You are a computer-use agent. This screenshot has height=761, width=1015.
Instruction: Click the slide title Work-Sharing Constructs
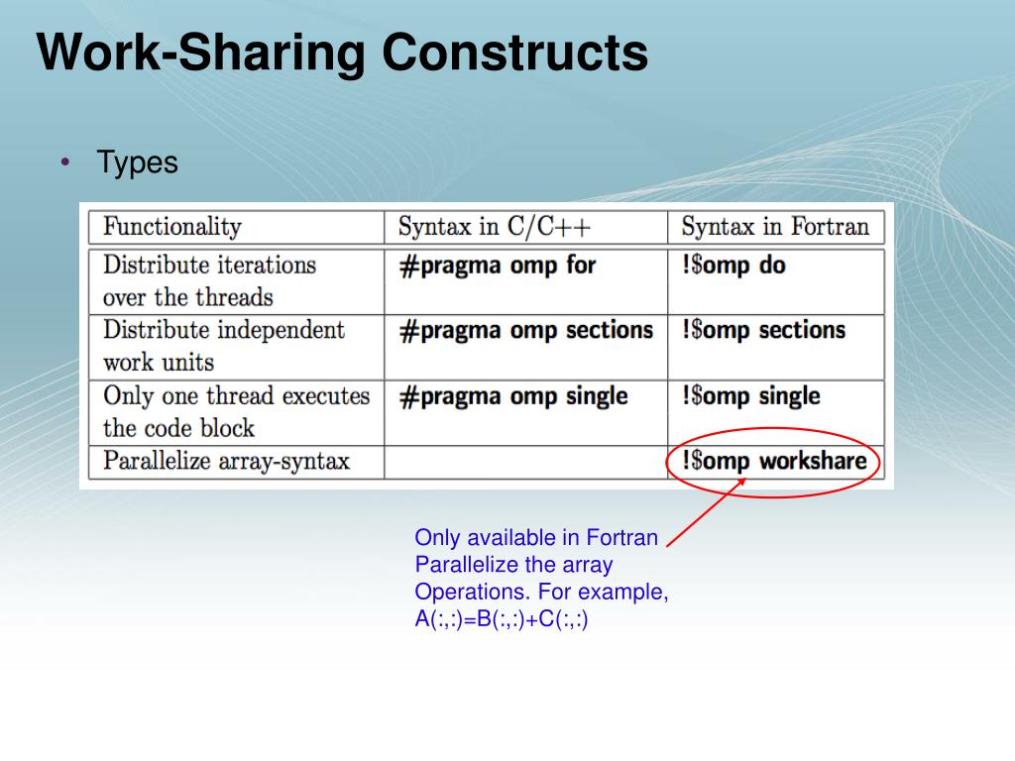tap(343, 54)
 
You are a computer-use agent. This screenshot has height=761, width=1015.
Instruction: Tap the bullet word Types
tap(138, 163)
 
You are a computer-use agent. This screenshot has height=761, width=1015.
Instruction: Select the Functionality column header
tap(172, 227)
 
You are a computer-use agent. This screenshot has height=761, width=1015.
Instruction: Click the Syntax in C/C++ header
tap(495, 227)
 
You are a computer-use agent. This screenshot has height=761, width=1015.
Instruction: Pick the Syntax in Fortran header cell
tap(775, 227)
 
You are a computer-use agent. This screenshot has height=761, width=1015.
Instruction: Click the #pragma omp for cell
tap(498, 267)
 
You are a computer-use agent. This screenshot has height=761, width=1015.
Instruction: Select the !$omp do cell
tap(733, 267)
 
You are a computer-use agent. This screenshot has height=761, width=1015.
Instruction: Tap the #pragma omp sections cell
tap(526, 331)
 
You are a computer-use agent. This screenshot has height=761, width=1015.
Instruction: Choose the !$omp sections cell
tap(763, 331)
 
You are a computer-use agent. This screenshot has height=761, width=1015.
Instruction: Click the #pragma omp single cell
tap(513, 396)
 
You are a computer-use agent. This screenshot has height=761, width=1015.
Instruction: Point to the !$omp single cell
tap(750, 396)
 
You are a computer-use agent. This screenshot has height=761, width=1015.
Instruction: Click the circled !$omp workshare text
tap(774, 461)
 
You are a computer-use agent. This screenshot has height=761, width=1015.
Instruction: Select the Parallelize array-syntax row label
tap(227, 462)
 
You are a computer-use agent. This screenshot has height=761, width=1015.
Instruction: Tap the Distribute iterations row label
tap(210, 266)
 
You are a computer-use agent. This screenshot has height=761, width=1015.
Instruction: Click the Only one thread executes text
tap(237, 396)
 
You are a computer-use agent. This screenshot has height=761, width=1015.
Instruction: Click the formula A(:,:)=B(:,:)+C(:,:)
tap(502, 620)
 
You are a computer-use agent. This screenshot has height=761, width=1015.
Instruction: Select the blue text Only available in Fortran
tap(536, 538)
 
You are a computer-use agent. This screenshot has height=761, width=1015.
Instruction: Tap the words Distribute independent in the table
tap(224, 330)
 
